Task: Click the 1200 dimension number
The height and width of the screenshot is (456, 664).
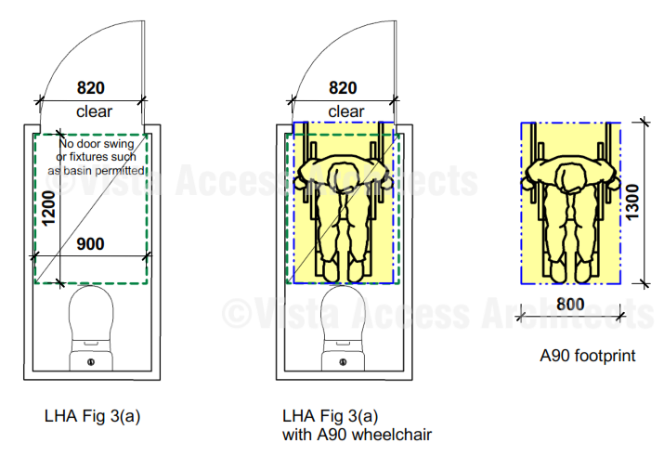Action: [x=48, y=208]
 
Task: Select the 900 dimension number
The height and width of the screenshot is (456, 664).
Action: [x=90, y=244]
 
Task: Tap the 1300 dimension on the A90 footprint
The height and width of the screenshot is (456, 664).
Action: [x=632, y=202]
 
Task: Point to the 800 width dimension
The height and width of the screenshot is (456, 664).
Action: [x=570, y=305]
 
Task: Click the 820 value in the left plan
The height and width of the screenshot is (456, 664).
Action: [x=91, y=88]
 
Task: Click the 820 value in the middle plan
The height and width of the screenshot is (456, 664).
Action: [x=343, y=88]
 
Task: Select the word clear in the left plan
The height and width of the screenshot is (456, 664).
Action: [x=94, y=111]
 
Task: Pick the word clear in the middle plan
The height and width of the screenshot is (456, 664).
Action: [x=346, y=111]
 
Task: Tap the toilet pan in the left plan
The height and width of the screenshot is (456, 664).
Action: [x=91, y=328]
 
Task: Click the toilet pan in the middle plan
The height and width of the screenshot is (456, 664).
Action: [x=343, y=328]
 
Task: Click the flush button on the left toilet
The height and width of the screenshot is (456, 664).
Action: [x=91, y=362]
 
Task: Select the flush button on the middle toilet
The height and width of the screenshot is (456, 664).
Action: [x=343, y=362]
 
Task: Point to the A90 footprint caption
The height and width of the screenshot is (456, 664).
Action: [x=587, y=356]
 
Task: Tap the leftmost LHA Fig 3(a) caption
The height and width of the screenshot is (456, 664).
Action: [x=92, y=416]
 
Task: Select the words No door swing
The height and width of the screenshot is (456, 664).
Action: [x=97, y=144]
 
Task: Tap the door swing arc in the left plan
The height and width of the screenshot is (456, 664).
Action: [x=85, y=55]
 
